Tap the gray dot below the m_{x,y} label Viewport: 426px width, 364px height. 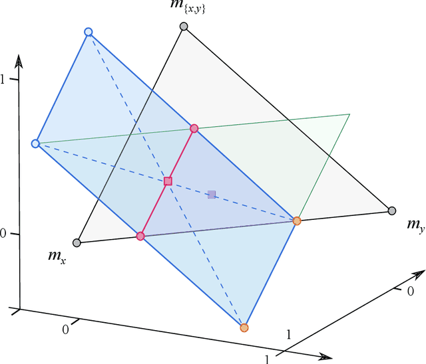coord(184,27)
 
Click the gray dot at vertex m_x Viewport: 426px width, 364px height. coord(77,242)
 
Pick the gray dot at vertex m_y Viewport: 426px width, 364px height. coord(392,211)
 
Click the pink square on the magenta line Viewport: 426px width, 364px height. coord(168,181)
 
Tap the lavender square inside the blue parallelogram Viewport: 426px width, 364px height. coord(212,195)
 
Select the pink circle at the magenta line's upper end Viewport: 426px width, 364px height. coord(194,128)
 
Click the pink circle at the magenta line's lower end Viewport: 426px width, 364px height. coord(140,236)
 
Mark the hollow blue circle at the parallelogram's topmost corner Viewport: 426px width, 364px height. coord(89,32)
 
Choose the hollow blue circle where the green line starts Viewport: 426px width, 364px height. coord(36,143)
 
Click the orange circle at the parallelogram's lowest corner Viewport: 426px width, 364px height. coord(244,327)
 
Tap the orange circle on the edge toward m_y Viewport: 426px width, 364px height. coord(297,221)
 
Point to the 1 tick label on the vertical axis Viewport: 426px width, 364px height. coord(3,79)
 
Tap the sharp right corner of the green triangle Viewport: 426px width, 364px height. coord(349,115)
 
